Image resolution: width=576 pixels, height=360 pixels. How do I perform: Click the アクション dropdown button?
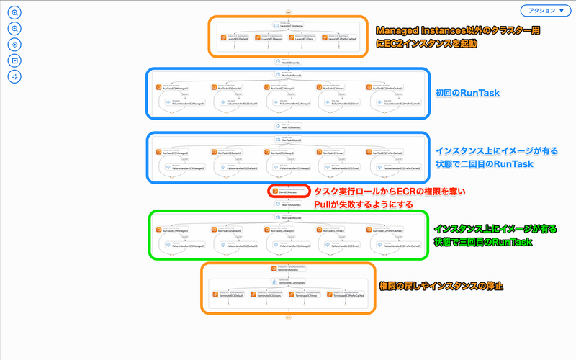(545, 11)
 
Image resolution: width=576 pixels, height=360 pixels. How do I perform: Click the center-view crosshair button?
(15, 44)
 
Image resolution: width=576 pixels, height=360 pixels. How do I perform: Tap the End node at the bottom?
(288, 316)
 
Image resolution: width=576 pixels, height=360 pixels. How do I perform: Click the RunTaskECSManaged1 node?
(174, 88)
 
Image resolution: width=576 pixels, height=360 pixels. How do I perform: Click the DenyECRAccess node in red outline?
(289, 192)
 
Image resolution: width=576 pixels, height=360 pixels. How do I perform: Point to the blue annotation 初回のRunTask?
(467, 94)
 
